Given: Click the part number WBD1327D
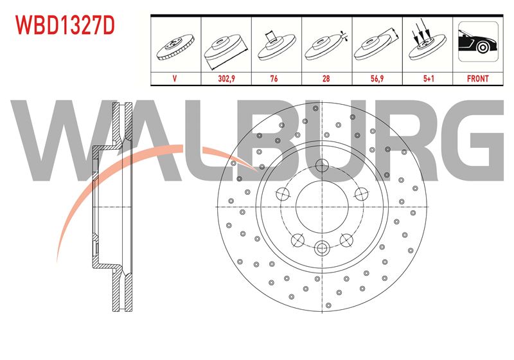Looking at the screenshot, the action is coord(66,26).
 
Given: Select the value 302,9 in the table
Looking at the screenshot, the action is coord(227,78).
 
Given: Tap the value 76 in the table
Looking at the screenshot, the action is coord(274,78).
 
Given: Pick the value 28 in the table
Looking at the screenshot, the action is coord(326,78).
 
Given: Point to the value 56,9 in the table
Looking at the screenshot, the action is coord(377,78).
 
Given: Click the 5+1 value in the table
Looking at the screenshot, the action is coord(429,78).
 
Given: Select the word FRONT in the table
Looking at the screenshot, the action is coord(477,78).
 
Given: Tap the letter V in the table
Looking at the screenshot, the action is coord(175,78).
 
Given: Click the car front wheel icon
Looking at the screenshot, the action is coord(478,41).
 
